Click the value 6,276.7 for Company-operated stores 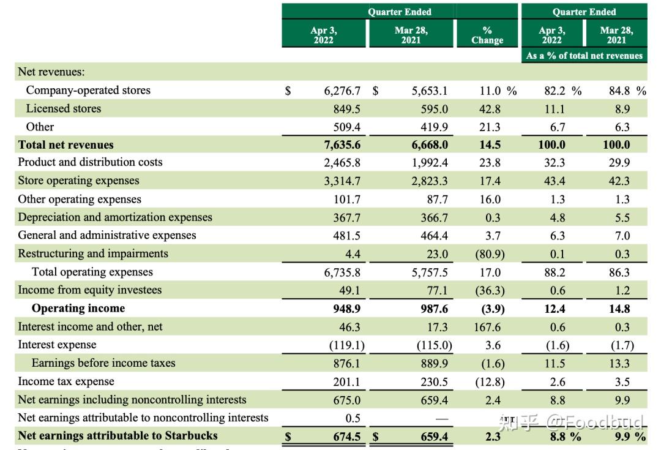click(342, 91)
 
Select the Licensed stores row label click(63, 108)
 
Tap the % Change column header click(487, 35)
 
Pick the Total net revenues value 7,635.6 click(342, 145)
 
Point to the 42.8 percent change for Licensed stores click(490, 109)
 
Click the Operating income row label click(78, 308)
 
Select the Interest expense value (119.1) click(346, 345)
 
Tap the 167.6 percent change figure click(487, 327)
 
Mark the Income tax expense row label click(65, 381)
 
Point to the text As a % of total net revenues click(584, 55)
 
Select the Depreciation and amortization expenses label click(115, 217)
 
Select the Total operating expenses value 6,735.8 click(342, 272)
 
